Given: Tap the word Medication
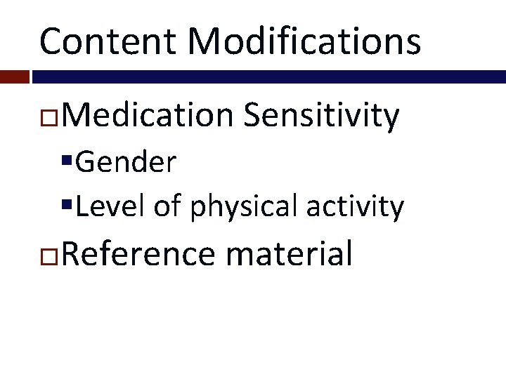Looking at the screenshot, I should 150,116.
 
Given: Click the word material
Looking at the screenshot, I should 288,253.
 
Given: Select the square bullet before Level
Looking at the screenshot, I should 67,206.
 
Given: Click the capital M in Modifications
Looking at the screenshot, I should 202,41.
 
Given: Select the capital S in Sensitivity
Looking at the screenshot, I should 252,116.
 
